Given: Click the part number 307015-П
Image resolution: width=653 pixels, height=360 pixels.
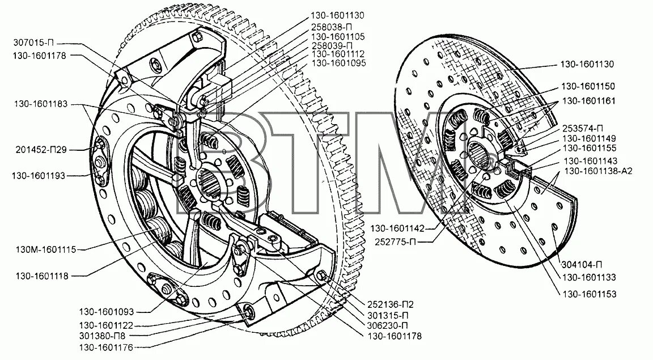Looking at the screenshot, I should (x=35, y=43).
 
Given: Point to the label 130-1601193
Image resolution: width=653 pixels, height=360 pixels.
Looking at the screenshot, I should (x=39, y=176).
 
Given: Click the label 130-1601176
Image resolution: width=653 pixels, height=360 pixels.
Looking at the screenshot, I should (x=107, y=346).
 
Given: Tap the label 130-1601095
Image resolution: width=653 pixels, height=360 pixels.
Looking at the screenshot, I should (x=338, y=62).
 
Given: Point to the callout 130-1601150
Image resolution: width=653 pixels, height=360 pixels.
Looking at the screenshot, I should (x=588, y=86).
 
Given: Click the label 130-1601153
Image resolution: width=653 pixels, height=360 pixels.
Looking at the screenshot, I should (x=589, y=294).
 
